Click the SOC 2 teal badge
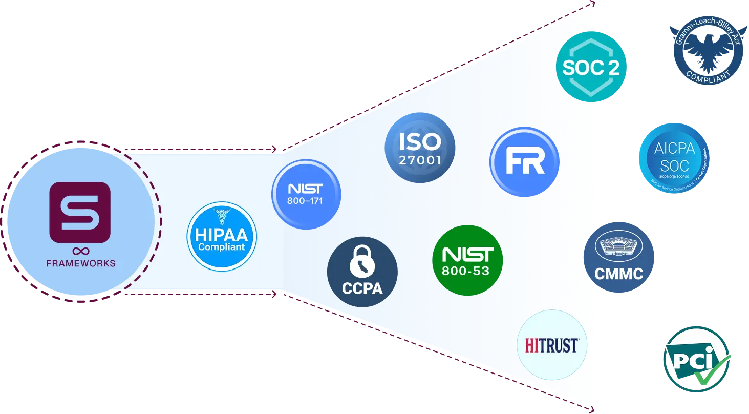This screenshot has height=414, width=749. click(x=591, y=67)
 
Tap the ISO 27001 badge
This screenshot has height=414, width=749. click(x=420, y=149)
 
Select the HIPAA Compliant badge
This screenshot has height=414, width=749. click(x=222, y=236)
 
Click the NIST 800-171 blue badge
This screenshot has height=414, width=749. click(x=306, y=194)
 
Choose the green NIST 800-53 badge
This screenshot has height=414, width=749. click(x=467, y=260)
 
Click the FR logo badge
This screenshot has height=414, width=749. click(x=524, y=162)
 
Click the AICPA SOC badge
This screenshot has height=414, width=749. click(x=674, y=158)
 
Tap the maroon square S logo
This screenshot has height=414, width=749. click(x=80, y=212)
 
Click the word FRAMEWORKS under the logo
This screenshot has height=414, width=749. click(x=80, y=263)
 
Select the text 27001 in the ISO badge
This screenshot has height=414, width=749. click(x=420, y=160)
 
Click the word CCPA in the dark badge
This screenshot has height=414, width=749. click(x=362, y=288)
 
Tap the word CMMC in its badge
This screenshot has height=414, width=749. click(x=618, y=274)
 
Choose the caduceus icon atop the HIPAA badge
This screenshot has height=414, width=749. click(x=221, y=217)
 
